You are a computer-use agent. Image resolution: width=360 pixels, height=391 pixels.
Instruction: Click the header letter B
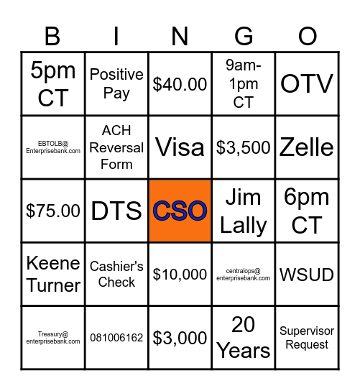52,36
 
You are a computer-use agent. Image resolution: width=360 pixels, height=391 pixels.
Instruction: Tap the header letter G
244,36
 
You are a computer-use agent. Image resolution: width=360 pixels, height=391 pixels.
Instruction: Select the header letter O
307,36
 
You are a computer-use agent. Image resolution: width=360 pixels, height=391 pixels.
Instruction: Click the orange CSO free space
180,211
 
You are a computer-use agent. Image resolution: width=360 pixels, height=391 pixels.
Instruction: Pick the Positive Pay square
116,83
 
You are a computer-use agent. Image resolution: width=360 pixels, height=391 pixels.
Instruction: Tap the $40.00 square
180,83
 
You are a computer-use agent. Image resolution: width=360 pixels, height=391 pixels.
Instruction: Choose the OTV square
307,83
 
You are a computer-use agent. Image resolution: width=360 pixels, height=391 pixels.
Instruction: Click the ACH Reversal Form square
116,147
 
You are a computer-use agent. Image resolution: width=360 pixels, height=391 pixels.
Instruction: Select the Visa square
180,147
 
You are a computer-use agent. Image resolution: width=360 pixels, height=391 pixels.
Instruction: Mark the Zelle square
307,147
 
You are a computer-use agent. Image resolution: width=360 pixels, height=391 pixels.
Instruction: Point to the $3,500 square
244,147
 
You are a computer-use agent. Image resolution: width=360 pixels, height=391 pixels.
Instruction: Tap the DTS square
116,211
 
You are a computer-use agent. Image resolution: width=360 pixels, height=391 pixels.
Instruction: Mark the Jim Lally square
244,211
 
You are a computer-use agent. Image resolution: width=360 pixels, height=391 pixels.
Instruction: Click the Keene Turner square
52,274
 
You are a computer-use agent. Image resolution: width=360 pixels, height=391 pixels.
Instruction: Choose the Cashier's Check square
116,274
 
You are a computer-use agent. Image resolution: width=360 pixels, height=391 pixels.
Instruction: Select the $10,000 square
180,274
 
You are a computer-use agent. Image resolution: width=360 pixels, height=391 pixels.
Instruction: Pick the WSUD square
307,274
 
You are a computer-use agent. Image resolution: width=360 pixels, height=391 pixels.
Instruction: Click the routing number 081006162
116,338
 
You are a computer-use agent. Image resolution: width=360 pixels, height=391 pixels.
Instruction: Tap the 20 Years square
244,338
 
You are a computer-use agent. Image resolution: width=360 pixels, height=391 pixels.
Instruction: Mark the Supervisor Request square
307,338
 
